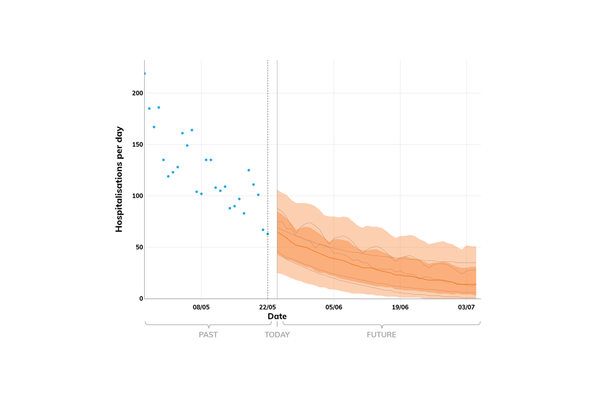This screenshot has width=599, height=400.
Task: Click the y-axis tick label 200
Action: [137, 93]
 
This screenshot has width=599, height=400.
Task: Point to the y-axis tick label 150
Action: [137, 144]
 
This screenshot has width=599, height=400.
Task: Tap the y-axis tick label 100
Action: [137, 196]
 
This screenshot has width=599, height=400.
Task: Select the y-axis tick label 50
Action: [139, 247]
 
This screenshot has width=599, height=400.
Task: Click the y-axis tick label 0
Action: [140, 299]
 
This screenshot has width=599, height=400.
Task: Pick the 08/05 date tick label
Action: [201, 307]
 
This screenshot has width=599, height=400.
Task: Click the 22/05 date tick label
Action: [268, 307]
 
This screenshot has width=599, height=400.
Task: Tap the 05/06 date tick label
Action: [334, 307]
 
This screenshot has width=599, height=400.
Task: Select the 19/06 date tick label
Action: [400, 307]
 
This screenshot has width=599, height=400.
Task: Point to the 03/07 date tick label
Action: [467, 307]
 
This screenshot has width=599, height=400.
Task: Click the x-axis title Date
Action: [277, 316]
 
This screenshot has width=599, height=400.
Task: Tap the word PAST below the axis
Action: [208, 334]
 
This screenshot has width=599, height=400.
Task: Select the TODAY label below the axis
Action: [277, 334]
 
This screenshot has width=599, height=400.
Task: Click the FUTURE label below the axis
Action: [381, 334]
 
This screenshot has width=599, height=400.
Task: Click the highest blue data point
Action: [145, 74]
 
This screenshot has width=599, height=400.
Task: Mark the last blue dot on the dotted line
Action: [268, 234]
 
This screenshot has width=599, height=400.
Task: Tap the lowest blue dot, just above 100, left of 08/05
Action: [197, 192]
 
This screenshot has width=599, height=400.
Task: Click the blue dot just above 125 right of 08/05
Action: [248, 170]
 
